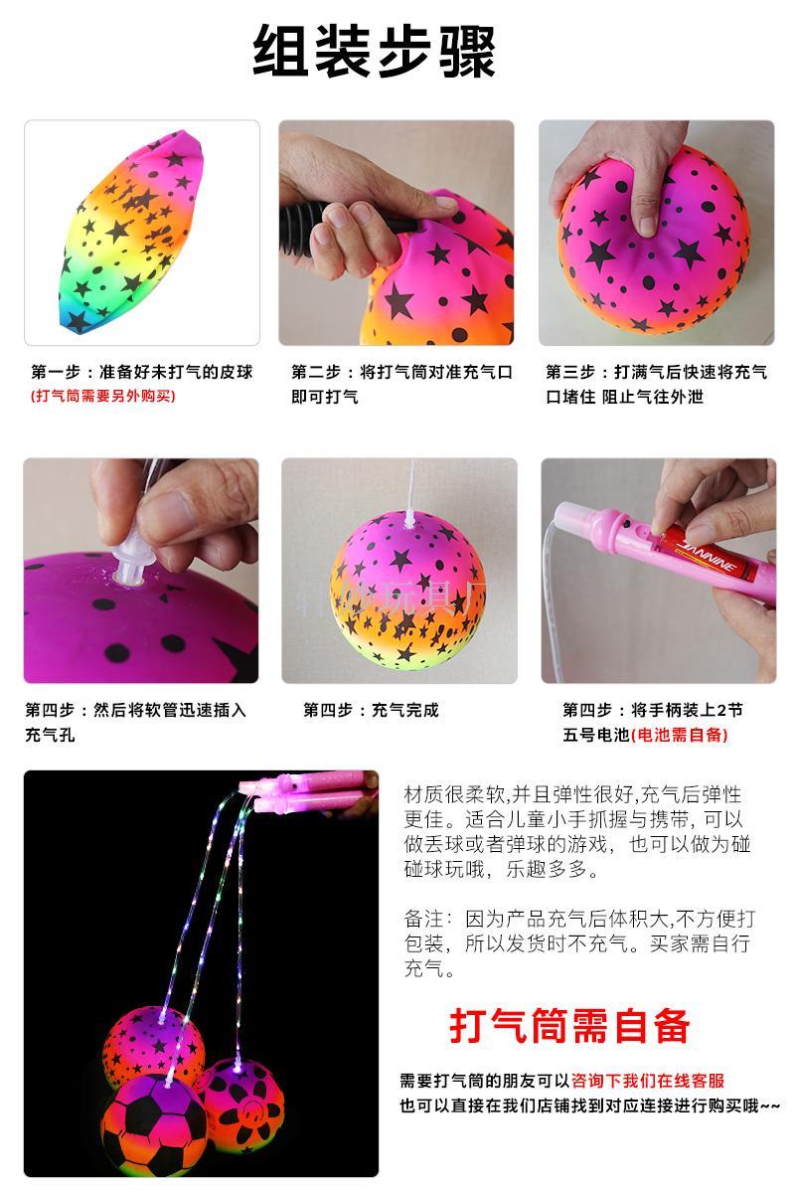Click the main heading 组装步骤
tap(375, 52)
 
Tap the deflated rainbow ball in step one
tap(131, 231)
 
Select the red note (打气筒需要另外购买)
tap(103, 396)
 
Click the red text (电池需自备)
tap(680, 735)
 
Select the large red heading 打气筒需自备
tap(569, 1025)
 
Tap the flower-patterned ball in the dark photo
tap(244, 1101)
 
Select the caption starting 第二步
tap(401, 384)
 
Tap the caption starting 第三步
tap(656, 384)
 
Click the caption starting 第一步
tap(142, 372)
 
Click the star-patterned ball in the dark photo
tap(153, 1045)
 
